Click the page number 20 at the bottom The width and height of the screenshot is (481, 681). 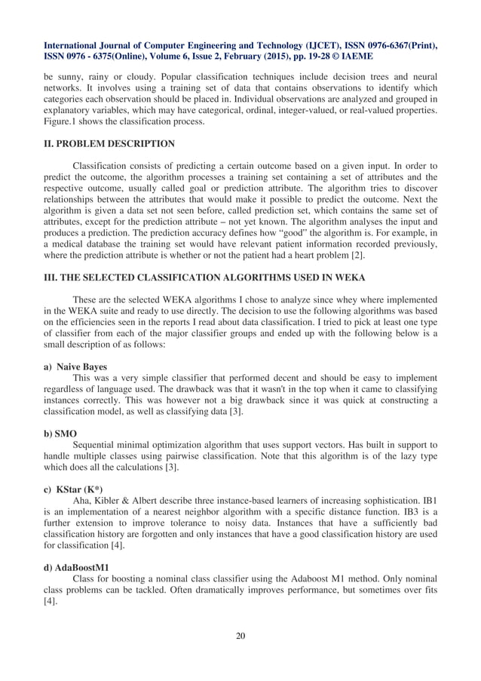(240, 635)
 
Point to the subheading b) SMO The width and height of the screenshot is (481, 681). (60, 434)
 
